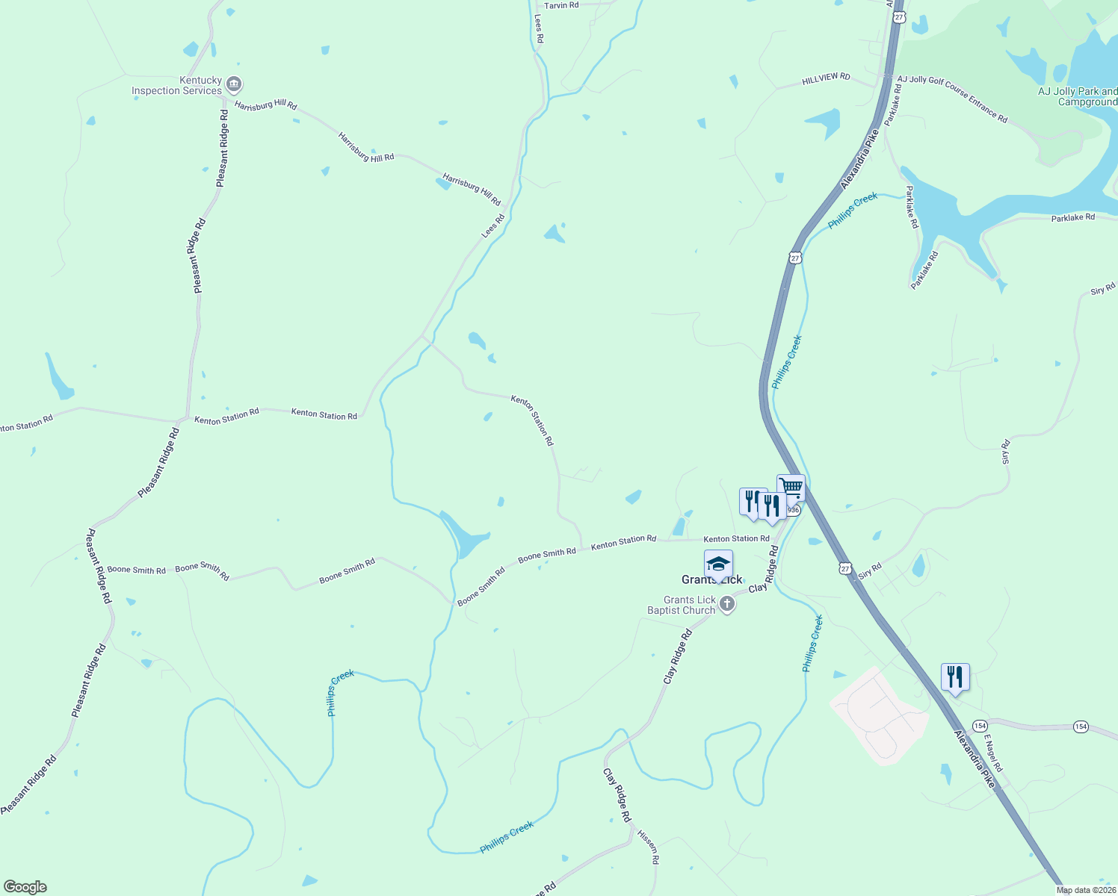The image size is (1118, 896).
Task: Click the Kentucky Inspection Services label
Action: pos(177,85)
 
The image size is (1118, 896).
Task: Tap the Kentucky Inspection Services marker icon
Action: pos(234,84)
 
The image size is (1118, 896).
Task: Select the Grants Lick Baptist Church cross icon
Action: pos(727,603)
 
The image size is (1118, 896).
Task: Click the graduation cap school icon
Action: pos(718,564)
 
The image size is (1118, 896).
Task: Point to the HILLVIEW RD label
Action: pos(826,78)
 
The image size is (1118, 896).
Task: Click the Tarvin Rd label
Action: pos(561,5)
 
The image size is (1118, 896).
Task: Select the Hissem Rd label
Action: pos(649,846)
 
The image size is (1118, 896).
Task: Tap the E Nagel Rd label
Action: pos(993,753)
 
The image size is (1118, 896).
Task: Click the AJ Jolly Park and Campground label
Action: pos(1078,96)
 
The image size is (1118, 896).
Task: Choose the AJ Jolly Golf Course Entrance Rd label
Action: pos(952,98)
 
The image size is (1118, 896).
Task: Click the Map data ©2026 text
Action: pos(1085,890)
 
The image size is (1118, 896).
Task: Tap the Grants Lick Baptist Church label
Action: pos(681,605)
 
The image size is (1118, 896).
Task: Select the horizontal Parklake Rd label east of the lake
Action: pos(1072,217)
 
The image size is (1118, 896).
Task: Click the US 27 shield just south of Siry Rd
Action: pos(844,567)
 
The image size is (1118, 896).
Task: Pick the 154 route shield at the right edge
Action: pos(1081,726)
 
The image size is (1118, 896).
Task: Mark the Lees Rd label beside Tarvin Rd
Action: pos(539,28)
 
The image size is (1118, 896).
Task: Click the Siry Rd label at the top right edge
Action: pos(1102,288)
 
